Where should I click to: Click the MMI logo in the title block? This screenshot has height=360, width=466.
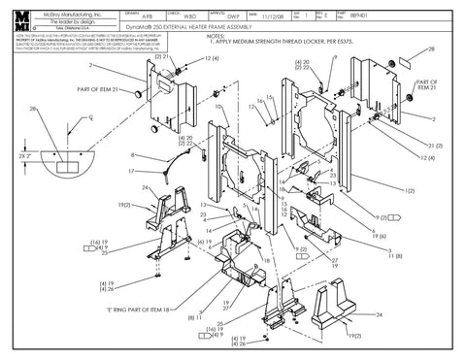20,18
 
